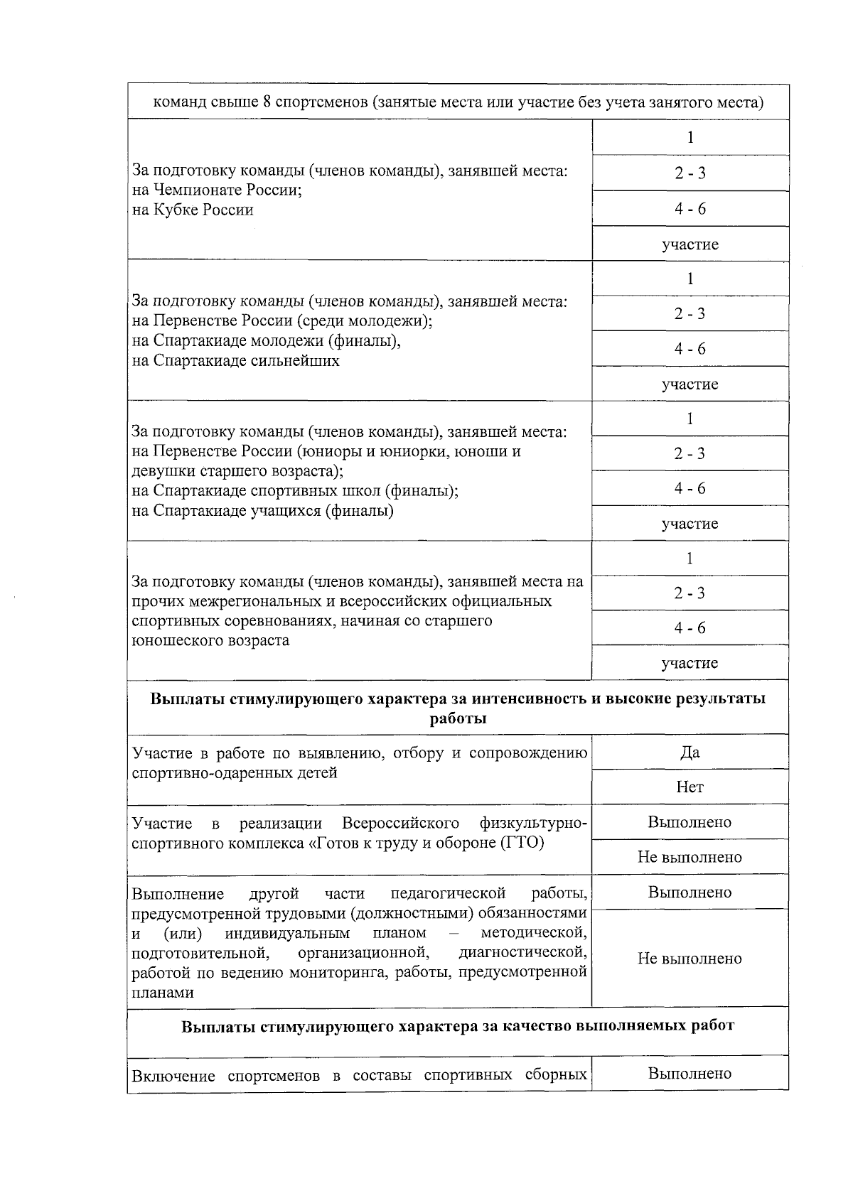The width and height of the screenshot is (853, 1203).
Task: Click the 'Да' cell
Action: click(x=690, y=752)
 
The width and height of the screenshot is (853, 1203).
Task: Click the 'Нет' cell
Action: click(x=690, y=787)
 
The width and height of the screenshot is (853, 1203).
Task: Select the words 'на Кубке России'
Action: click(x=193, y=210)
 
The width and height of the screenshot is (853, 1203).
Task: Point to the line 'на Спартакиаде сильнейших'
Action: click(x=236, y=360)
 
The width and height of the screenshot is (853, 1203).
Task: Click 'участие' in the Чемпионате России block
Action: click(x=690, y=244)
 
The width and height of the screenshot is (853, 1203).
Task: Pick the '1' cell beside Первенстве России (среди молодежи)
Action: click(x=690, y=279)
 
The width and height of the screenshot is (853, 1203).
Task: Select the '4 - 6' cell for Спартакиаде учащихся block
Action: click(x=690, y=488)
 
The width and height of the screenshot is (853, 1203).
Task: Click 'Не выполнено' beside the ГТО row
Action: click(x=690, y=857)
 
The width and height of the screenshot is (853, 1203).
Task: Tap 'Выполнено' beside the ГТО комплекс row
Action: click(x=690, y=822)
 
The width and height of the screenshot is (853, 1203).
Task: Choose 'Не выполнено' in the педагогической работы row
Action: click(x=690, y=958)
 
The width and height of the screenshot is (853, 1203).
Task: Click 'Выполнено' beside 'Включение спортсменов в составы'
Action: click(x=690, y=1073)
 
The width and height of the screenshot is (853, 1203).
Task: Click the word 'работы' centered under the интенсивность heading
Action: click(x=458, y=718)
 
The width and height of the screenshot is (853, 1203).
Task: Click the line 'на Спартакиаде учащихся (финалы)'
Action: click(x=263, y=510)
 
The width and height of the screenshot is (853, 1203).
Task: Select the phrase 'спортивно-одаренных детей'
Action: click(x=235, y=772)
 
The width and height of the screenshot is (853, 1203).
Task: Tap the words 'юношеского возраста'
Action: click(x=210, y=640)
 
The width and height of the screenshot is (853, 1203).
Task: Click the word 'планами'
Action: click(x=163, y=993)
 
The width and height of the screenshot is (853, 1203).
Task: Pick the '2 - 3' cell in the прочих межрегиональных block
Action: click(x=690, y=593)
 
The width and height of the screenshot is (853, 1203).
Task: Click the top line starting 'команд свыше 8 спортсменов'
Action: click(x=458, y=102)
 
